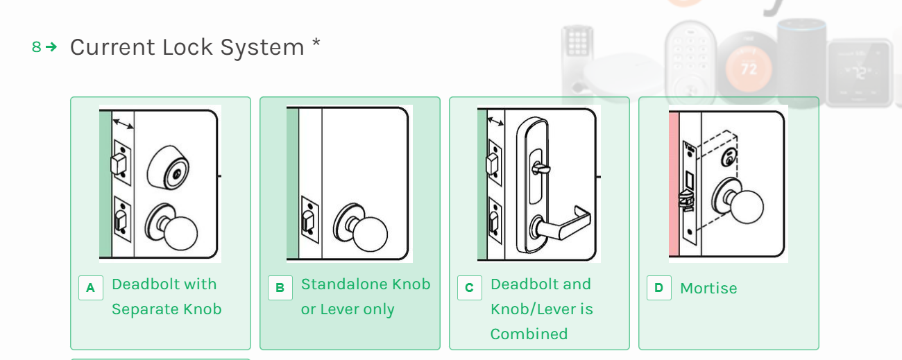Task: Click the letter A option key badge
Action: tap(90, 288)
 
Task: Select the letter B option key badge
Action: tap(280, 288)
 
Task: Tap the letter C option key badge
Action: tap(469, 288)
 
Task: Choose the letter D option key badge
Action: tap(658, 288)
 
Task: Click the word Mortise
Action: tap(708, 289)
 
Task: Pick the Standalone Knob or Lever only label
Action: tap(365, 297)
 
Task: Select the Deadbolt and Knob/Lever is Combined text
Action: tap(541, 309)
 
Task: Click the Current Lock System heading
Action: tap(187, 47)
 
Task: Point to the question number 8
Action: tap(36, 47)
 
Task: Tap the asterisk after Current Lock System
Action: tap(316, 43)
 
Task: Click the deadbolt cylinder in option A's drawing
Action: tap(170, 168)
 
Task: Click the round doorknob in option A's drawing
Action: tap(179, 232)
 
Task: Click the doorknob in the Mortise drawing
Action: tap(746, 205)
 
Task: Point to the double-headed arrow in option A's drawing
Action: tap(124, 124)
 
